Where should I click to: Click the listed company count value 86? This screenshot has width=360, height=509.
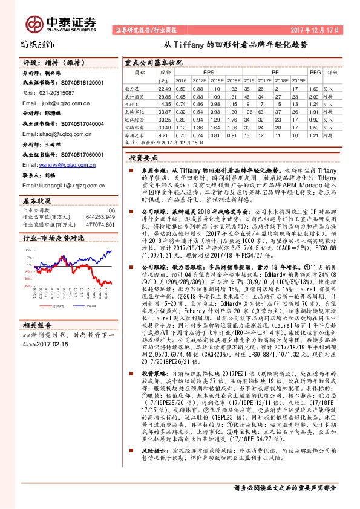click(x=111, y=209)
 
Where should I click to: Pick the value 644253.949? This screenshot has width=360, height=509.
click(x=100, y=216)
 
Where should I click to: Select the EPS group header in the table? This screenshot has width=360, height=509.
click(x=208, y=71)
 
